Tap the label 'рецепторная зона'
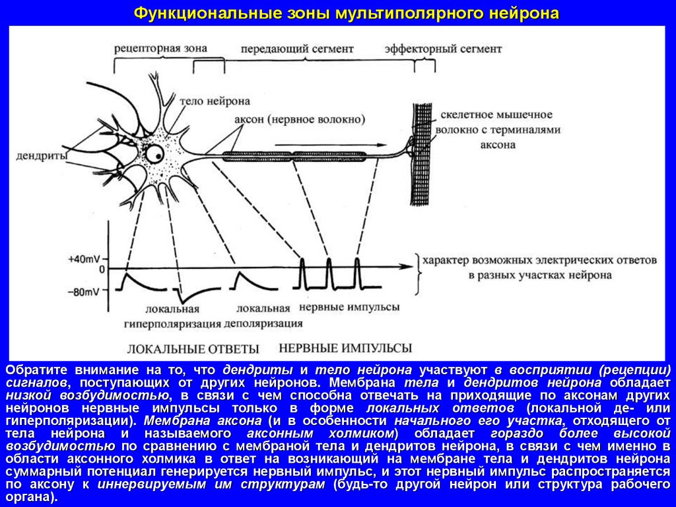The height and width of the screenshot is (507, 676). (x=160, y=49)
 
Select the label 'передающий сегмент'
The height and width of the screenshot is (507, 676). (x=297, y=50)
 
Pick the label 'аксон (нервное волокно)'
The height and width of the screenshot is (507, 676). (x=300, y=120)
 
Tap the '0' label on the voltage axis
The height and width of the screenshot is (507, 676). (x=102, y=270)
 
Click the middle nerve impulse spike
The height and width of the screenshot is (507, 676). (x=329, y=272)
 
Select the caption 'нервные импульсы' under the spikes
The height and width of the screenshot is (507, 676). (x=349, y=307)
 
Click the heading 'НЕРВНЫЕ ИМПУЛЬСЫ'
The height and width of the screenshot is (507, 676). (x=345, y=348)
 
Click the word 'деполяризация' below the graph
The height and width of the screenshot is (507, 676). (x=263, y=324)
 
